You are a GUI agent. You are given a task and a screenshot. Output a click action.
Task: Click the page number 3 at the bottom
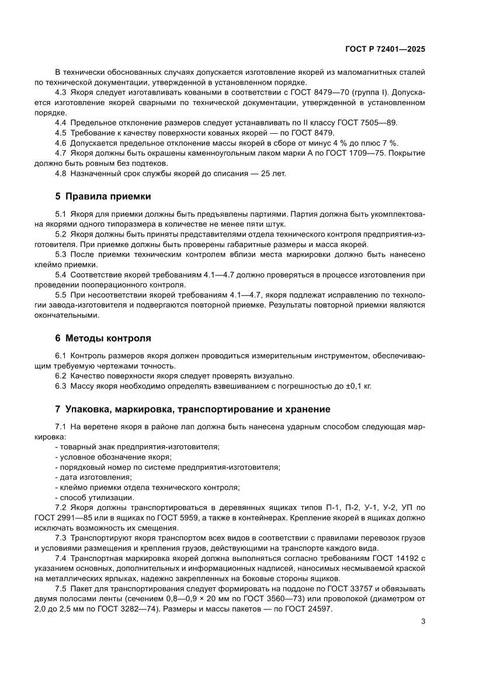422,621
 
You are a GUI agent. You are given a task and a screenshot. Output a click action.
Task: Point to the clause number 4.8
61,174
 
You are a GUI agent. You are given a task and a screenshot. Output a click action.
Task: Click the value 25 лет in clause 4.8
272,174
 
